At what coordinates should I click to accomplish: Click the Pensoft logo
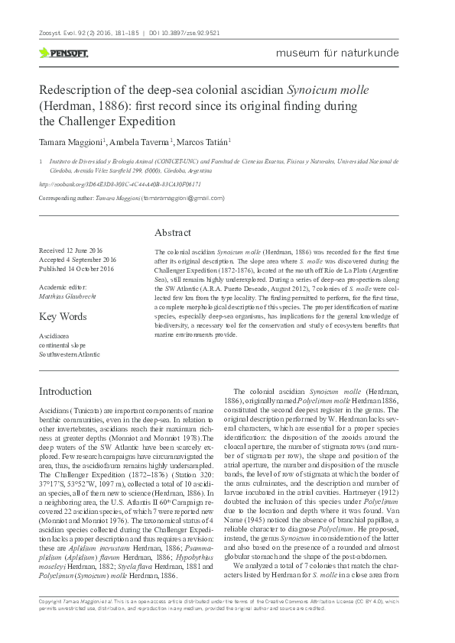click(x=63, y=53)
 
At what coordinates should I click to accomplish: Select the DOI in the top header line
click(x=193, y=34)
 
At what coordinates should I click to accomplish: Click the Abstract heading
click(x=173, y=232)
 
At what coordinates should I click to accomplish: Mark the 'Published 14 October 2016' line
click(x=76, y=269)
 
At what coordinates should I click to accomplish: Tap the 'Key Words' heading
click(x=63, y=316)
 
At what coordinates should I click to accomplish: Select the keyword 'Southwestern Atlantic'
click(x=70, y=354)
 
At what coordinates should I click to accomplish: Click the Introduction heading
click(x=71, y=391)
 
